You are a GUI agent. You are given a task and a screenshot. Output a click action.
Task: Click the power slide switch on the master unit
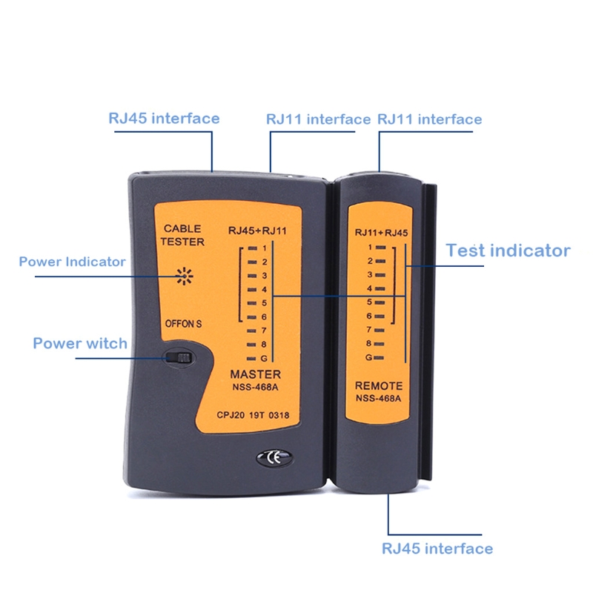click(179, 357)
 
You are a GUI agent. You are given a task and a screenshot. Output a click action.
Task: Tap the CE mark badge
click(274, 457)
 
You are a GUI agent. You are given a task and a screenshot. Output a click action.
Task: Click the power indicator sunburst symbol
click(184, 276)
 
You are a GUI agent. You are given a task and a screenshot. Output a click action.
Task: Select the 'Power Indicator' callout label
click(72, 262)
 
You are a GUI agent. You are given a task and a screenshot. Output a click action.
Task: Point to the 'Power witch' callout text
click(80, 343)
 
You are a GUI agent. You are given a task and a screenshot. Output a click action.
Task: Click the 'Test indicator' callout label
click(508, 251)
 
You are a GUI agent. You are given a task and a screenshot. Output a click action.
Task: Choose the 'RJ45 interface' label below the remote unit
click(437, 549)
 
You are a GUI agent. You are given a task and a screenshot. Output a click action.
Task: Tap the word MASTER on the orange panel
click(256, 374)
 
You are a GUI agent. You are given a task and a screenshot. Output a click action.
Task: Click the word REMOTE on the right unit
click(379, 385)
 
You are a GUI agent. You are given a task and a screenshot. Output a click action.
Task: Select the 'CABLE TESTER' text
click(182, 235)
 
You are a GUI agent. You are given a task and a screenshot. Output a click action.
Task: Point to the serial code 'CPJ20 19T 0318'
click(253, 415)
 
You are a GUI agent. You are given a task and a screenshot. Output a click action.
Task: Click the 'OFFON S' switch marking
click(183, 324)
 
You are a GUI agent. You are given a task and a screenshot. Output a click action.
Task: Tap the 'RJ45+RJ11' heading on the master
click(257, 231)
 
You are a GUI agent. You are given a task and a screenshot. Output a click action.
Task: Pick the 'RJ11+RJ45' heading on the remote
click(381, 233)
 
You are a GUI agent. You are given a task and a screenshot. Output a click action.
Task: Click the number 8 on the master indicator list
click(264, 344)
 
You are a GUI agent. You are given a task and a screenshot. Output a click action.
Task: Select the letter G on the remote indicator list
click(368, 357)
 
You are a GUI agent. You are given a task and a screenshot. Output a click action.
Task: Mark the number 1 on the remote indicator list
click(370, 248)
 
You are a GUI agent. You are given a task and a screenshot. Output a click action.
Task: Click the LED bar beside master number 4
click(252, 290)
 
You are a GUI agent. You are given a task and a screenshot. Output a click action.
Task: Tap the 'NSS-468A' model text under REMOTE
click(378, 398)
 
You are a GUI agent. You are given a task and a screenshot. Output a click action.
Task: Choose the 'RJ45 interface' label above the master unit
click(164, 119)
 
